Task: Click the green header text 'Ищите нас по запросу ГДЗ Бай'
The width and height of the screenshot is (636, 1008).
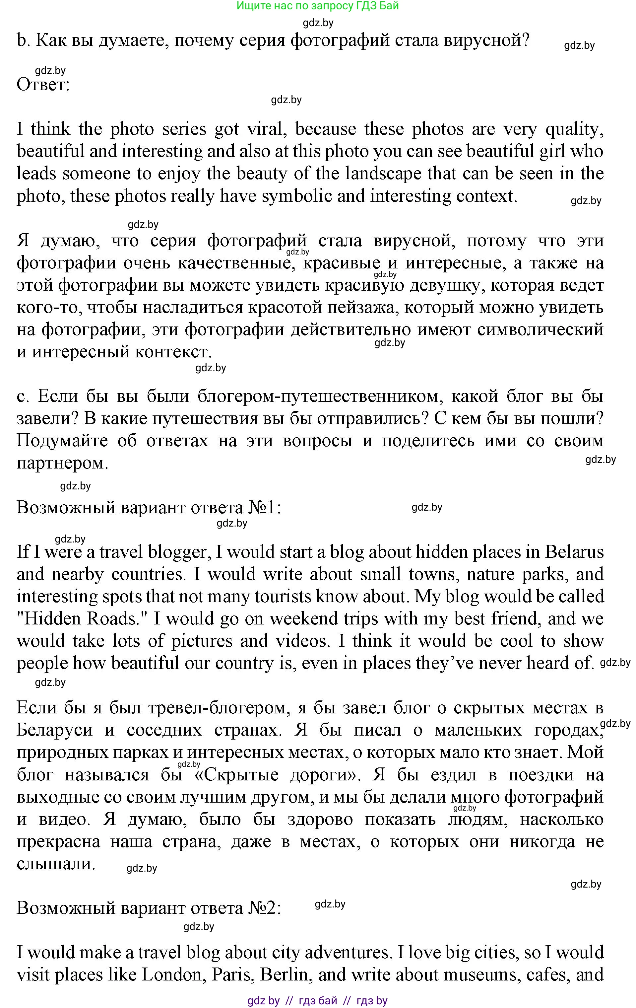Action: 318,6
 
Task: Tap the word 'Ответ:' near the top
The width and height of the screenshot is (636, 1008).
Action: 43,85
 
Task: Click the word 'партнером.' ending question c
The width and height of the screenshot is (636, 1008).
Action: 62,463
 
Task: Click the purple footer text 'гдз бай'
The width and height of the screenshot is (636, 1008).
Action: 318,1000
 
